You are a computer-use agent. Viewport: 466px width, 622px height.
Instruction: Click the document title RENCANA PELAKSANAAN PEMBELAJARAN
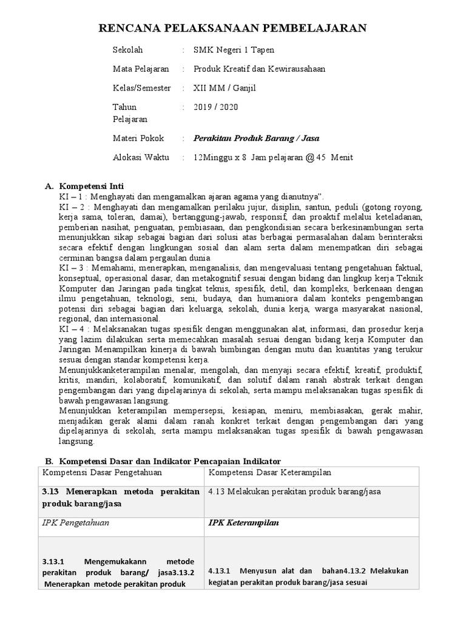tap(232, 27)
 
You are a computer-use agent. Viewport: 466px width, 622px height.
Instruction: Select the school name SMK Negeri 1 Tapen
tap(230, 50)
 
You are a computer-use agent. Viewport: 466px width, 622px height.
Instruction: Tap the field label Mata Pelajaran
tap(141, 69)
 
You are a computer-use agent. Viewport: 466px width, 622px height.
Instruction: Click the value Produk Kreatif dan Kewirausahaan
tap(259, 69)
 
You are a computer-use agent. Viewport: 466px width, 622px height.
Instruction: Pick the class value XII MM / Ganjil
tap(225, 88)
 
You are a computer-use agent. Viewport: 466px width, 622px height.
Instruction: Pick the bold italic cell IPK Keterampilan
tap(240, 522)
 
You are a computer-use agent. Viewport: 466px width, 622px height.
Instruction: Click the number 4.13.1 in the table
tap(220, 571)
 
